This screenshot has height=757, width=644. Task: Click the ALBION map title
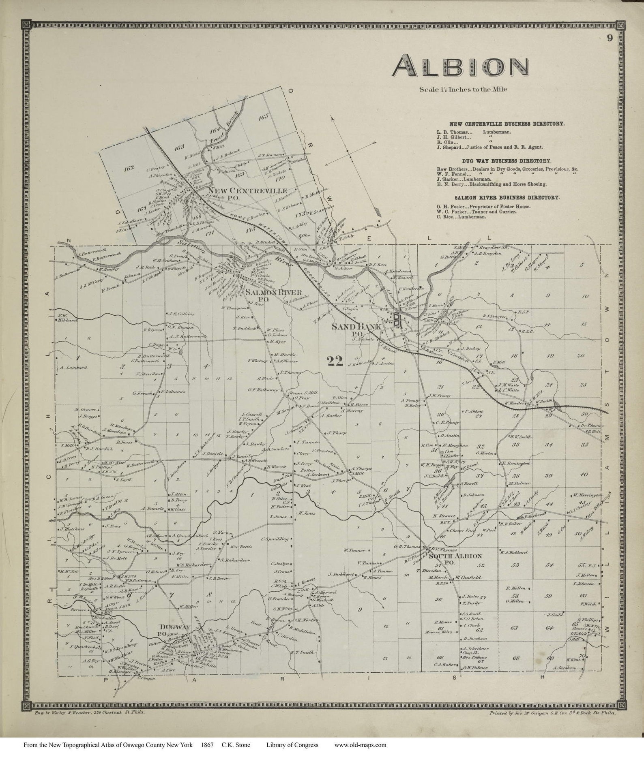click(461, 67)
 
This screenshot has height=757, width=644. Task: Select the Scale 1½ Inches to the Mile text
click(463, 90)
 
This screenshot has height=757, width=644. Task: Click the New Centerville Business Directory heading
click(507, 124)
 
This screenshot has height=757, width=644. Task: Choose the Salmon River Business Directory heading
click(507, 198)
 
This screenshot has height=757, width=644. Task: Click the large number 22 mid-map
click(335, 361)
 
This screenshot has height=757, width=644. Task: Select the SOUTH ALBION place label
click(455, 556)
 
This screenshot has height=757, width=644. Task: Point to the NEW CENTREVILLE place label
click(247, 191)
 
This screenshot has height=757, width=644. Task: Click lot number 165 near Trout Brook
click(263, 117)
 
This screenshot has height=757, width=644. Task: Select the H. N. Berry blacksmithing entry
click(492, 184)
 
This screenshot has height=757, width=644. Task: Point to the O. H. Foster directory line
click(483, 207)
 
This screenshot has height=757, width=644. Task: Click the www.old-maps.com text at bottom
click(360, 745)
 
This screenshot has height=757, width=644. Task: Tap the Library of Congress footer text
click(292, 745)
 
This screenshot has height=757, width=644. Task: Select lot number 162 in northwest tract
click(129, 168)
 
